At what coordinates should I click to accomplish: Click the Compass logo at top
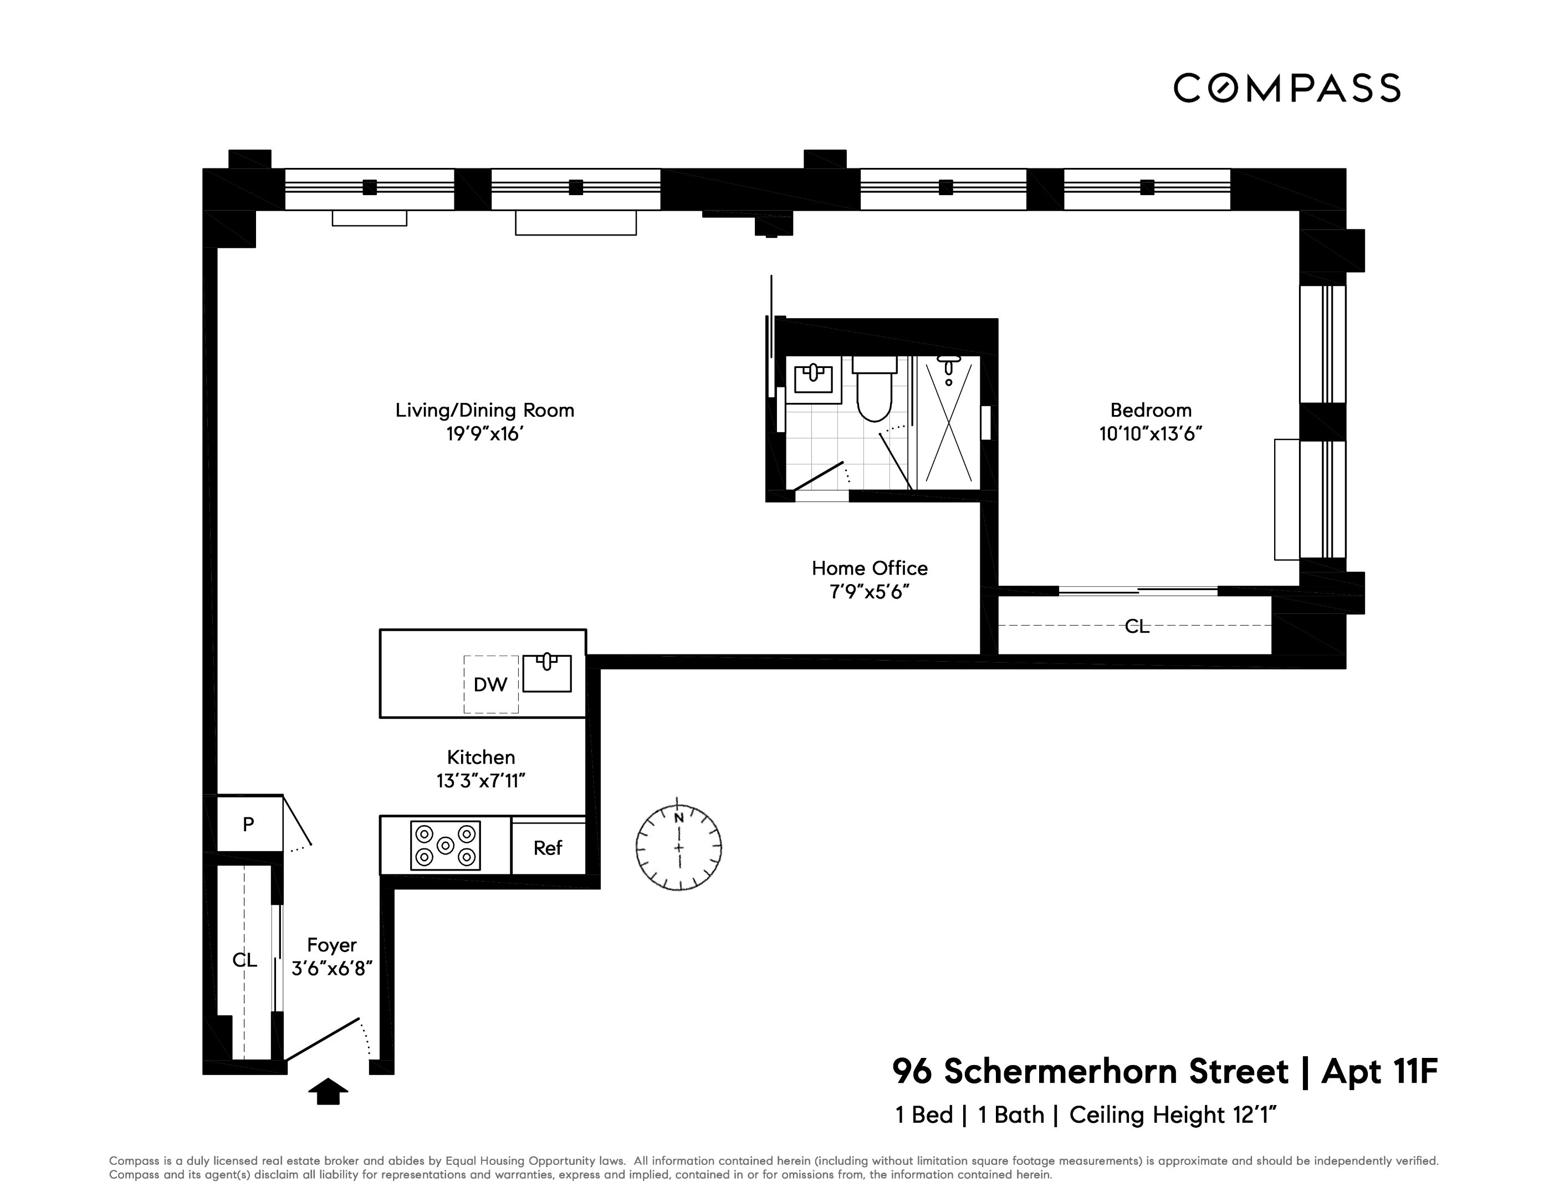pos(1286,88)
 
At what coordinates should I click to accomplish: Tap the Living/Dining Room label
pos(484,410)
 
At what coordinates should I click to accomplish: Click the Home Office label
pos(870,568)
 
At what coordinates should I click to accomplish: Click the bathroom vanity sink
pos(813,378)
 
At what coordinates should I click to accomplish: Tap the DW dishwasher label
pos(490,684)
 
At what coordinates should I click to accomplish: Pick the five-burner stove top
pos(446,845)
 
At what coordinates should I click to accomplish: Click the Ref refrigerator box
pos(548,848)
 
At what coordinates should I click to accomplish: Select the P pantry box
pos(248,824)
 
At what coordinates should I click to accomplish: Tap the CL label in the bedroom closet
pos(1136,626)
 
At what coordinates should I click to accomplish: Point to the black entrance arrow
pos(328,1092)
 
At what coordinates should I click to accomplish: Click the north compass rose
pos(679,847)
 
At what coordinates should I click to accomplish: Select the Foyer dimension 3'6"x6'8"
pos(332,968)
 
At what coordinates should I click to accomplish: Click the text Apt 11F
pos(1379,1071)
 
